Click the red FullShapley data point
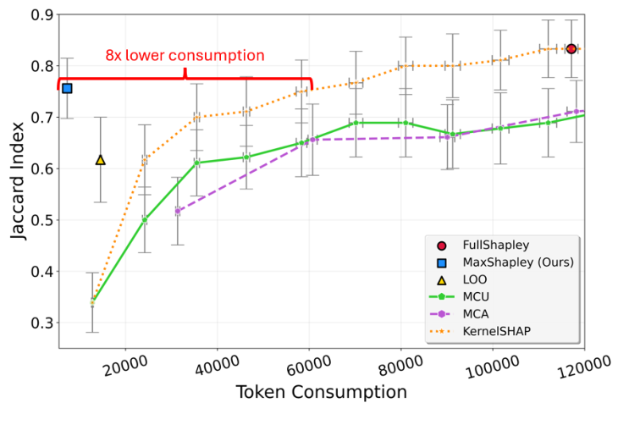(571, 49)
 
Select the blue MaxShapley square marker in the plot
(67, 88)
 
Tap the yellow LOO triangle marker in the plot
(101, 159)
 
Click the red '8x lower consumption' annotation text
(185, 56)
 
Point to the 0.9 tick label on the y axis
(40, 14)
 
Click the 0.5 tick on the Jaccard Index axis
(40, 220)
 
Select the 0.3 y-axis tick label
(40, 323)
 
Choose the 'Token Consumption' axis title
(321, 393)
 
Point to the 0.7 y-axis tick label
(40, 118)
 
